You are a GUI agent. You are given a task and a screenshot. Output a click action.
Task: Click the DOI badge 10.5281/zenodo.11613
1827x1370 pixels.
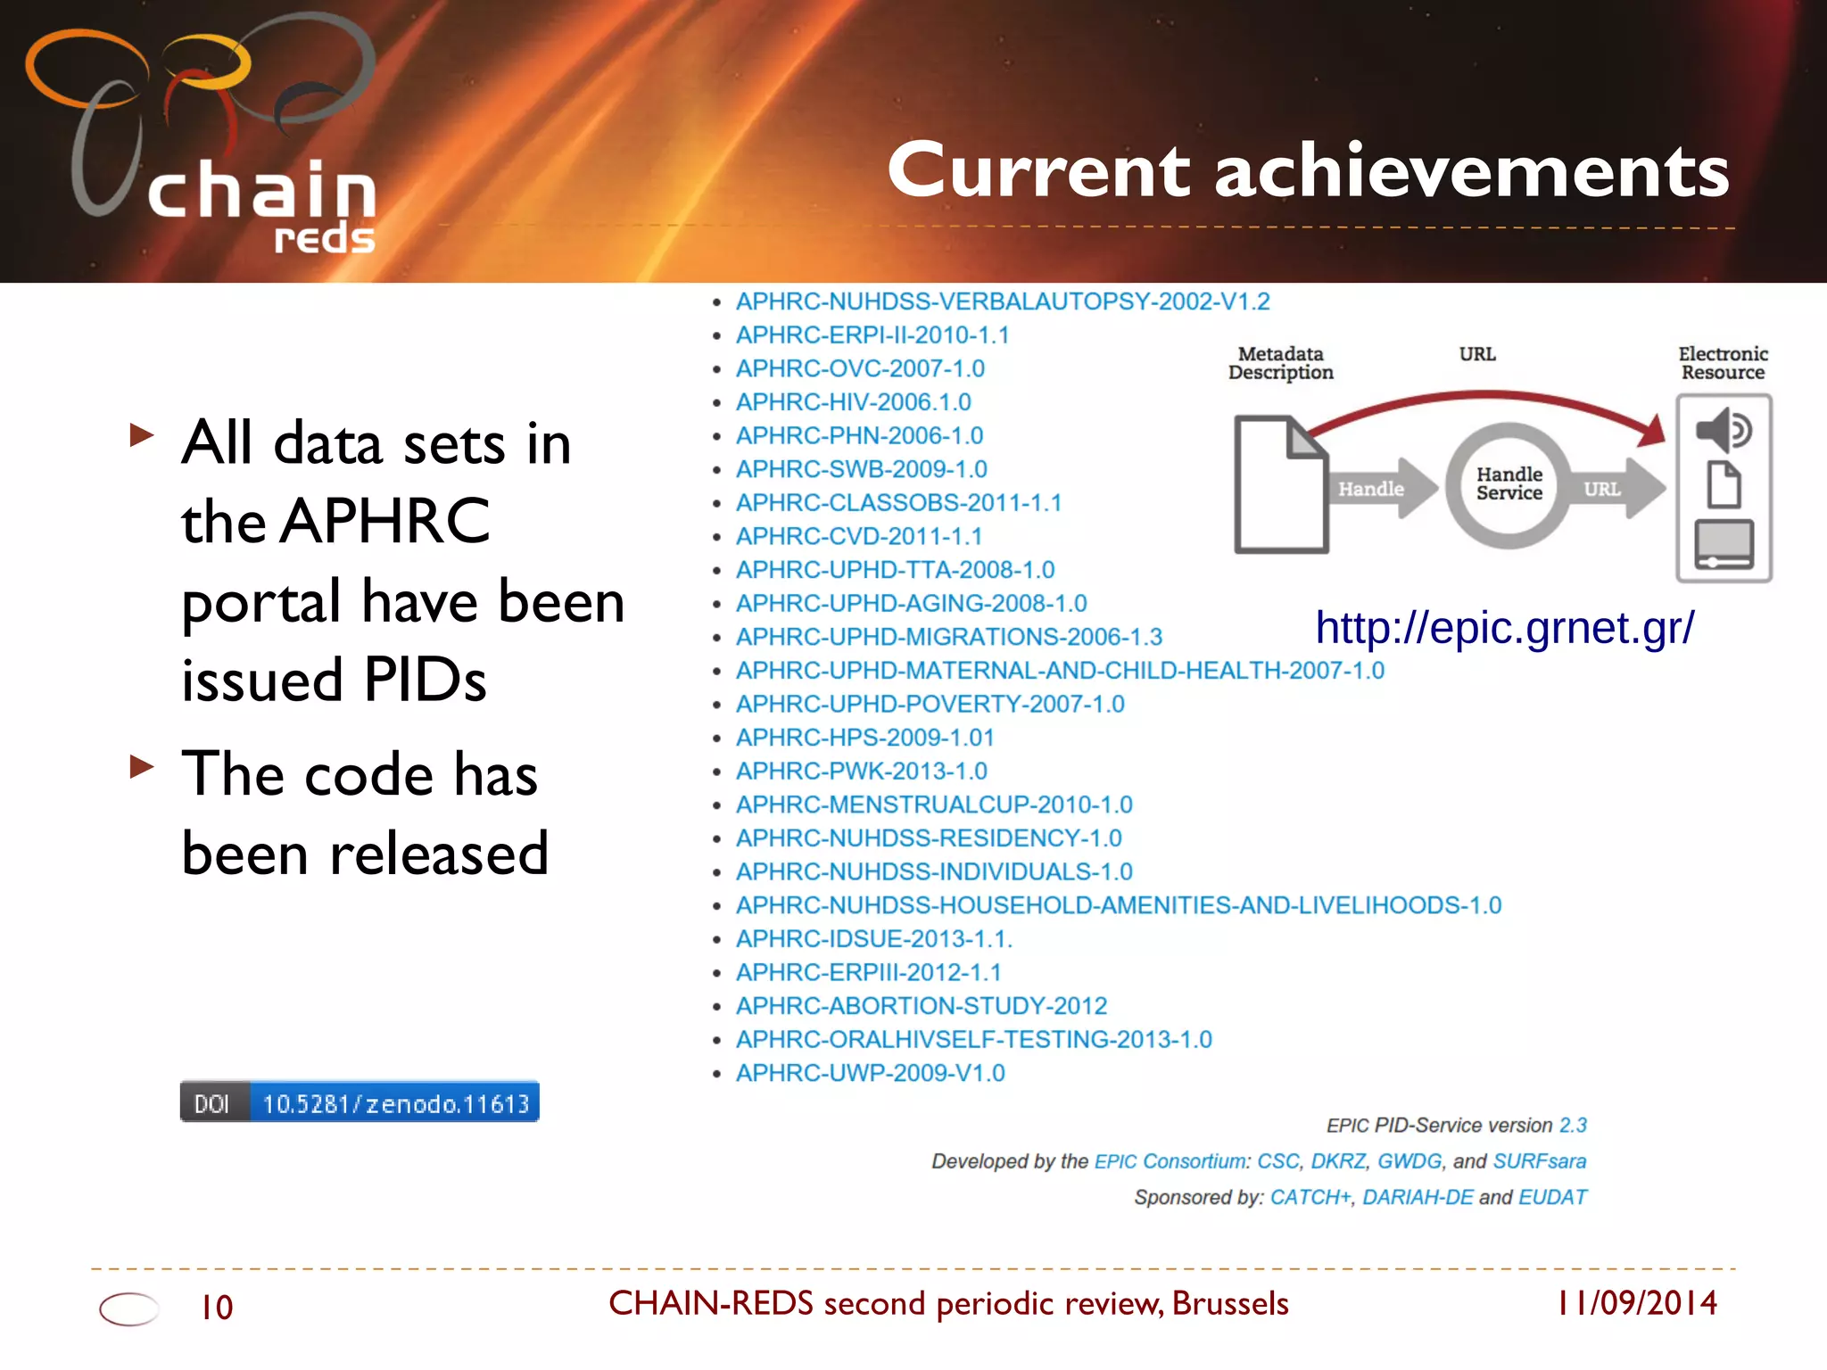pyautogui.click(x=360, y=1102)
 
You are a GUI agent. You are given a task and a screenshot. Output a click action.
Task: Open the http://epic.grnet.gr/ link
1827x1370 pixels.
pyautogui.click(x=1505, y=628)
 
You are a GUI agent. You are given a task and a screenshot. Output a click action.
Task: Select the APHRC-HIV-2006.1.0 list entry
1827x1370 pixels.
pyautogui.click(x=853, y=402)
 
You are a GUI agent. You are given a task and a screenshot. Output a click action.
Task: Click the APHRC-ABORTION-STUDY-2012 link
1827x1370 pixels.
pyautogui.click(x=921, y=1006)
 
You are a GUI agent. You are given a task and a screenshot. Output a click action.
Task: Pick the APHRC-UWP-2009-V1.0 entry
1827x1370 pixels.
pyautogui.click(x=870, y=1073)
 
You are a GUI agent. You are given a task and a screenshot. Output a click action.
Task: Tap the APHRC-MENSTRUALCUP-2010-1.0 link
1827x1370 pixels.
pyautogui.click(x=933, y=805)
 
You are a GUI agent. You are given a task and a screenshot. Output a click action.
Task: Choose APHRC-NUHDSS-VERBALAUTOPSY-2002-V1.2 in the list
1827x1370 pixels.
pyautogui.click(x=1002, y=301)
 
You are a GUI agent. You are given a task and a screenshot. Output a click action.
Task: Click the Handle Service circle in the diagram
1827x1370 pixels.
pyautogui.click(x=1509, y=484)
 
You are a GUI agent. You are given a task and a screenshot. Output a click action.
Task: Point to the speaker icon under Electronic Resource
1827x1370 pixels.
pyautogui.click(x=1723, y=431)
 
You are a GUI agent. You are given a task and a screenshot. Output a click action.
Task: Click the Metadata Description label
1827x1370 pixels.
pyautogui.click(x=1280, y=364)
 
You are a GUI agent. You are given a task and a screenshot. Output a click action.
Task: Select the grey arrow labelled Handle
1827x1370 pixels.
pyautogui.click(x=1378, y=489)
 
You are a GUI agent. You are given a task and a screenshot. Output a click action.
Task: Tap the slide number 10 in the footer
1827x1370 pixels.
pyautogui.click(x=217, y=1308)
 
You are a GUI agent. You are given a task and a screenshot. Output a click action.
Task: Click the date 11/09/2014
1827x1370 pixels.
pyautogui.click(x=1637, y=1303)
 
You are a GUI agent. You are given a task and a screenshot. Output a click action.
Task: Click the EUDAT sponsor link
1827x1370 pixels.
pyautogui.click(x=1552, y=1197)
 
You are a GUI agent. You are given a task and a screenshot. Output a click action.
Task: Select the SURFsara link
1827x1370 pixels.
pyautogui.click(x=1539, y=1161)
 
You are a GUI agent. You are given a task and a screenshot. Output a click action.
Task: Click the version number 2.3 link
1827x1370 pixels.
pyautogui.click(x=1573, y=1126)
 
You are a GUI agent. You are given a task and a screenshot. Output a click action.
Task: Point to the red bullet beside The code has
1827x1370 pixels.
pyautogui.click(x=142, y=767)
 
